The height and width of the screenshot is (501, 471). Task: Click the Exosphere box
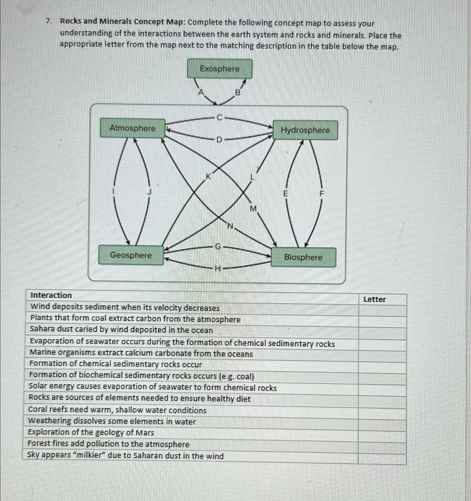click(x=220, y=69)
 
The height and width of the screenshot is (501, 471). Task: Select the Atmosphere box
click(x=133, y=128)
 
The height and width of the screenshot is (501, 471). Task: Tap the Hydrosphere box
click(x=305, y=130)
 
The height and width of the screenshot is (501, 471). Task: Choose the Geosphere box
click(x=131, y=255)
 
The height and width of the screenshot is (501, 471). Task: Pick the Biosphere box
click(x=303, y=257)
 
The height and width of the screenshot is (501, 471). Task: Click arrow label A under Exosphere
click(x=201, y=92)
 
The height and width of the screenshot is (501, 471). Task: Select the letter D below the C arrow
click(x=219, y=140)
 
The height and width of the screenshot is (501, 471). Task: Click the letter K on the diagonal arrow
click(x=208, y=176)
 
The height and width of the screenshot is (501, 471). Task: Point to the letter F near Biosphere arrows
click(x=322, y=194)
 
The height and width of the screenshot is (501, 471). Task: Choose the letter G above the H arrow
click(x=218, y=247)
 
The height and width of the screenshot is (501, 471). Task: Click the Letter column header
click(x=375, y=300)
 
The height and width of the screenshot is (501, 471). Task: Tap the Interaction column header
click(x=51, y=295)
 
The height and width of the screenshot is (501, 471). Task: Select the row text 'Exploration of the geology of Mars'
click(x=91, y=433)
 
